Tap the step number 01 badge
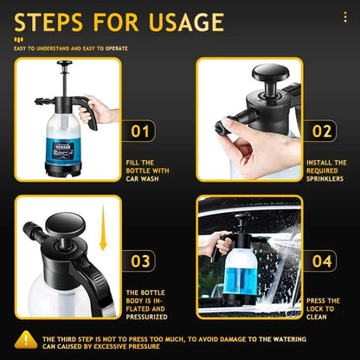[x=140, y=130]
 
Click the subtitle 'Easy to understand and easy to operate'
[x=69, y=48]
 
